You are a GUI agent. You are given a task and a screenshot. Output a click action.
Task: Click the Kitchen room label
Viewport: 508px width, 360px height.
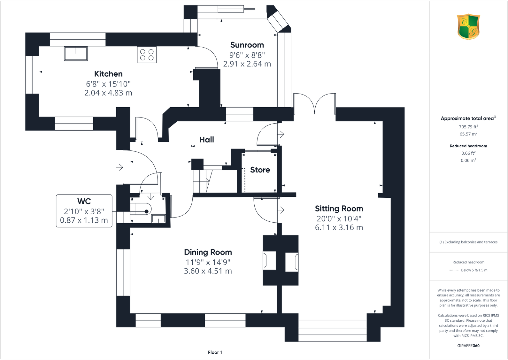108,74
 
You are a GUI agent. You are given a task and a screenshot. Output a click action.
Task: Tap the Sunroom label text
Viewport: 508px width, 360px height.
247,45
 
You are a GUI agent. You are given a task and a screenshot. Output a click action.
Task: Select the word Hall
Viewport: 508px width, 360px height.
207,140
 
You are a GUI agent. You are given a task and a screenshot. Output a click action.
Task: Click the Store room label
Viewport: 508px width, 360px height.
260,170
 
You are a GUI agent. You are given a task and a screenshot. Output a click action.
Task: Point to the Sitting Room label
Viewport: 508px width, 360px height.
339,209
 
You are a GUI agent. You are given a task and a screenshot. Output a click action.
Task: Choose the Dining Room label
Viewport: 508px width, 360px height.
208,252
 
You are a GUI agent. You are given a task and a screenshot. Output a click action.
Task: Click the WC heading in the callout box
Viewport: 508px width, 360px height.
84,201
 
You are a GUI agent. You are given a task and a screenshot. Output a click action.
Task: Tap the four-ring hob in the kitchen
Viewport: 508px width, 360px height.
147,55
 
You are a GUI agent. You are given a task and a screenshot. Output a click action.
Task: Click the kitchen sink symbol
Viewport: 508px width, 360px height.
76,53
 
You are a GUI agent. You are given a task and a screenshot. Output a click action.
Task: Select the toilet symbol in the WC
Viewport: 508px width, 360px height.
142,209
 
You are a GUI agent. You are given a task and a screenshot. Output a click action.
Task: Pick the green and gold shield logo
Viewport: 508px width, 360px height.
468,27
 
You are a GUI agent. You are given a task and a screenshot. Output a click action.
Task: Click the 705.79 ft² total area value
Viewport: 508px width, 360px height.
468,127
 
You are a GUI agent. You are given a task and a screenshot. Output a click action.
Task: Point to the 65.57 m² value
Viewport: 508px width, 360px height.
468,134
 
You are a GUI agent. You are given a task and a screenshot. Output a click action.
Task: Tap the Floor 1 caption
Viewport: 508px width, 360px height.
215,352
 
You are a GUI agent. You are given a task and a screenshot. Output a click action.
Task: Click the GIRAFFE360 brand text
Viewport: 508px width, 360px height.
468,346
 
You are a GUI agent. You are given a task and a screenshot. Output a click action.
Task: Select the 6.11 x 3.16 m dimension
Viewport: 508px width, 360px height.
339,227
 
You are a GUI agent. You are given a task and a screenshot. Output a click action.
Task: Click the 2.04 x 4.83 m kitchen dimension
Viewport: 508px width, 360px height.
108,93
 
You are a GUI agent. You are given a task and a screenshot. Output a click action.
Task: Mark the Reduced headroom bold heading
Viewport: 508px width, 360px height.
468,146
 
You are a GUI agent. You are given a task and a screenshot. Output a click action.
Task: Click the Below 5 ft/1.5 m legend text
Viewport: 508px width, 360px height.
474,270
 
